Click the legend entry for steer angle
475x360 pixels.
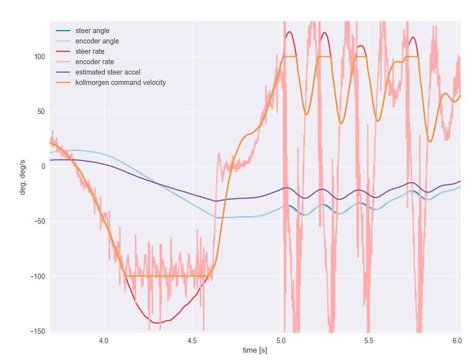(x=92, y=31)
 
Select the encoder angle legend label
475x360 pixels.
(x=97, y=41)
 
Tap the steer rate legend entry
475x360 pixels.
(x=90, y=51)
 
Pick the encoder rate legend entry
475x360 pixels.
(x=94, y=62)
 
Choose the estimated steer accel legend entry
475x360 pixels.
(x=108, y=72)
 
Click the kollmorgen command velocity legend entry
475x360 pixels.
(x=120, y=82)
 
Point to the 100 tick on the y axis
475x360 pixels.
(x=40, y=57)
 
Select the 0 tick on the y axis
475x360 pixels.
(x=43, y=166)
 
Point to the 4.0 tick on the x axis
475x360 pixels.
(x=104, y=340)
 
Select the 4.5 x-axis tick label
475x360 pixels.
(x=193, y=340)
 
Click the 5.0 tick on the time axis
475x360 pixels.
(x=281, y=340)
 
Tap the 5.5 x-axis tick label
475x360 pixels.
(x=369, y=340)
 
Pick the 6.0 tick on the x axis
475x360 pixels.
(x=457, y=340)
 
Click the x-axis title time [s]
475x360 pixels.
(x=255, y=350)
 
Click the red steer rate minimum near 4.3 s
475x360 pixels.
(x=157, y=323)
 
